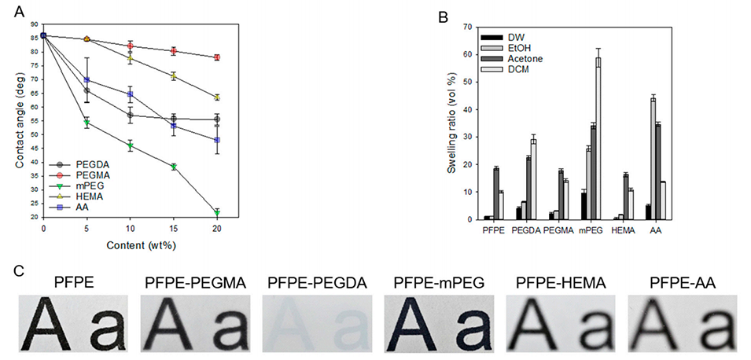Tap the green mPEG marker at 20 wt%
coord(217,213)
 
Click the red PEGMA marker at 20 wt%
coord(217,57)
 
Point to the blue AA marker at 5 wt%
coord(87,80)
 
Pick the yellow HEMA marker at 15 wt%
coord(174,76)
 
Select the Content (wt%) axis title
coord(131,245)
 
